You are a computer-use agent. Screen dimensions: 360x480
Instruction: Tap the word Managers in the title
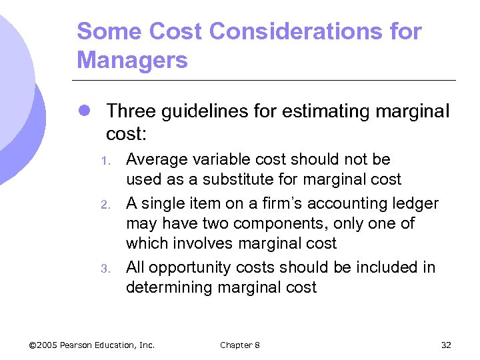coord(132,61)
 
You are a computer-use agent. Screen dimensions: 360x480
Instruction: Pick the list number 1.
coord(104,161)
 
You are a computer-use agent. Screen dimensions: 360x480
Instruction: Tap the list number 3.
coord(104,269)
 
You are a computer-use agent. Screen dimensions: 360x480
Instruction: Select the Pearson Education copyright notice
coord(92,345)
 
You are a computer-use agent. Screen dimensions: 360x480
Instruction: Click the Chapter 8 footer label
coord(240,345)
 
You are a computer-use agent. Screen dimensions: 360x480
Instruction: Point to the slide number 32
coord(446,345)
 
